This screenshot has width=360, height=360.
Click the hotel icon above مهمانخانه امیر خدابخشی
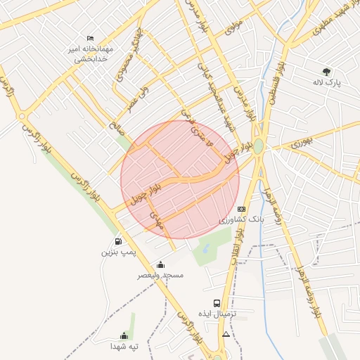coord(90,39)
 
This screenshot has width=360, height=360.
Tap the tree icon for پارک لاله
coord(326,71)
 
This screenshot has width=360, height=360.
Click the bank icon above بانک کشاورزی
coord(242,209)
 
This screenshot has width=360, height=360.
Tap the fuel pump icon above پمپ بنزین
coord(117,241)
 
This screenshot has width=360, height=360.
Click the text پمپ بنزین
coord(117,252)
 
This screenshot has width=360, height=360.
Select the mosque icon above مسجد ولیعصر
coord(160,265)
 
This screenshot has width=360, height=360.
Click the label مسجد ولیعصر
coord(160,276)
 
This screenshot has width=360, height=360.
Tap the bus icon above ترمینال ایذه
coord(216,303)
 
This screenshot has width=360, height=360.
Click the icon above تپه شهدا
coord(124,335)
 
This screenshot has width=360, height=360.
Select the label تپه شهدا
coord(124,347)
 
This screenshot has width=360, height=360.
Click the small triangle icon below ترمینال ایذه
coord(226,335)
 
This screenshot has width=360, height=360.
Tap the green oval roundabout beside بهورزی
coord(259,146)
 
